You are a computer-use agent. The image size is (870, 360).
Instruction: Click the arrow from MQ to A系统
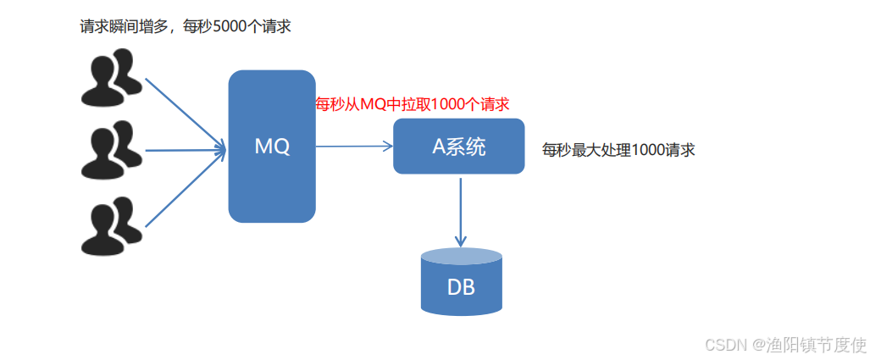click(x=354, y=147)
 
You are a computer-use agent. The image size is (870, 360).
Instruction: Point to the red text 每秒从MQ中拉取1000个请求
click(x=412, y=104)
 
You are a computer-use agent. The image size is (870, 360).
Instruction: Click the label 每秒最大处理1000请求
click(x=618, y=150)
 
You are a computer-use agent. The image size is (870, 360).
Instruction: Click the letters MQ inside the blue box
click(x=272, y=147)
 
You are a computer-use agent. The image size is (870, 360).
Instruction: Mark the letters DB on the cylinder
click(x=461, y=286)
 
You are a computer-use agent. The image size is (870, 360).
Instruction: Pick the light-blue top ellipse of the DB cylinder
click(x=461, y=256)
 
